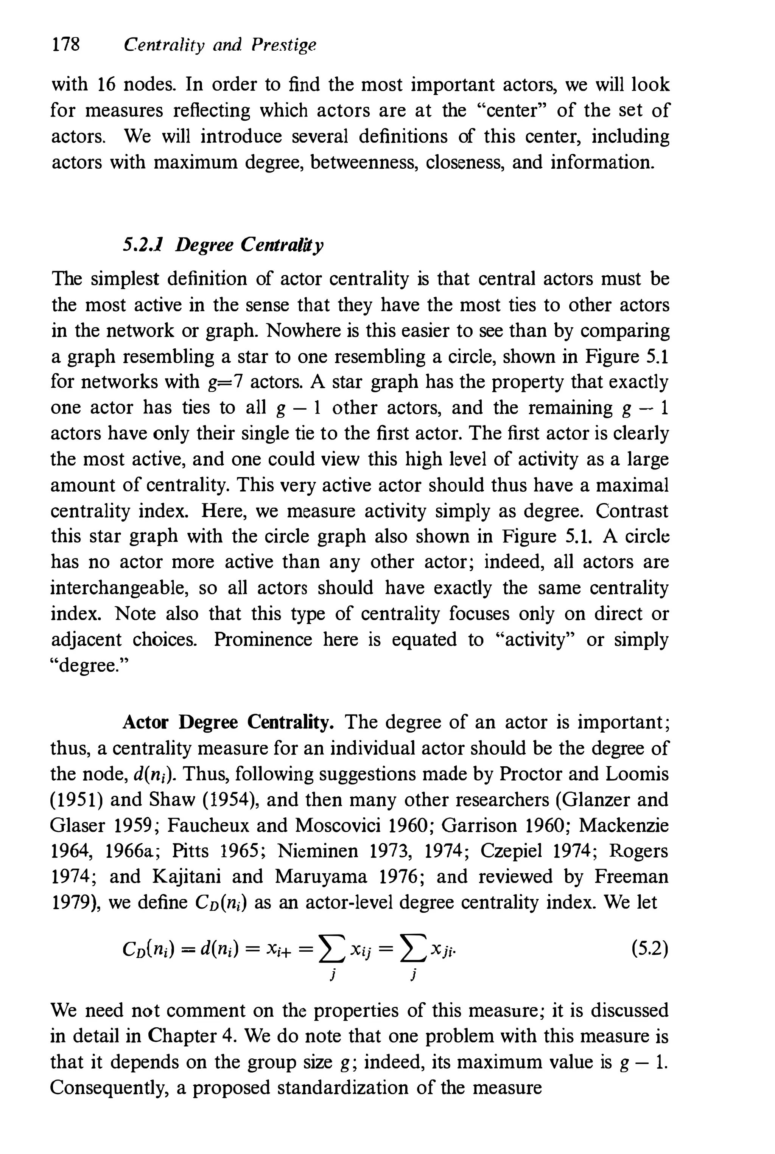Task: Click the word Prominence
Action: [x=263, y=640]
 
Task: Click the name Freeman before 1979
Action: [x=631, y=876]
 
